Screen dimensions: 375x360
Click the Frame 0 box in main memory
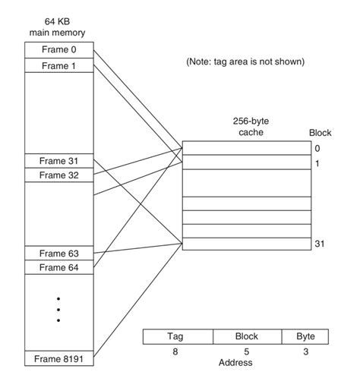59,50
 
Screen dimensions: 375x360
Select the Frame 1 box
59,65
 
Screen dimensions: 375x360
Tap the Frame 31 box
59,161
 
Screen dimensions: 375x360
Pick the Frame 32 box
59,175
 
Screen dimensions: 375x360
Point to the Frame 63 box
59,253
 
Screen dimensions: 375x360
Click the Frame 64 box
59,267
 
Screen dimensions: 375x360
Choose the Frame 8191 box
59,358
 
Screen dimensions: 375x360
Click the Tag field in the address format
178,336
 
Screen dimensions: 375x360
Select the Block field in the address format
247,336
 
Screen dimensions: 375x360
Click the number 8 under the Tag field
178,351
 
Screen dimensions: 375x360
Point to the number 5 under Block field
247,351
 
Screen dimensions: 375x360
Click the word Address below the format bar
235,363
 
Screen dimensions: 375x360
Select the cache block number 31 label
319,244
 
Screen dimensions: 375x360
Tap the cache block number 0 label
318,148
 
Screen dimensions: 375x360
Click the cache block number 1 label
318,163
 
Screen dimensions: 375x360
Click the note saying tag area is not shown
245,62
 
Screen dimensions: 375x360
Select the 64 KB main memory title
58,27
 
